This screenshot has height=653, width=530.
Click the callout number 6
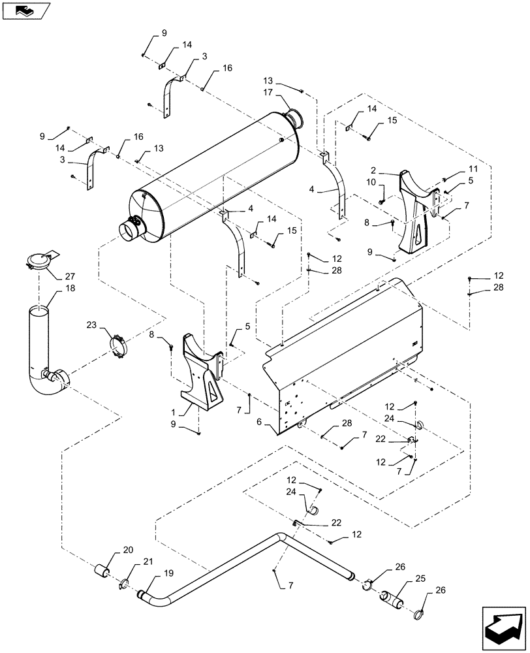[260, 422]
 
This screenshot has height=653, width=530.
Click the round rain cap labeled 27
[39, 261]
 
